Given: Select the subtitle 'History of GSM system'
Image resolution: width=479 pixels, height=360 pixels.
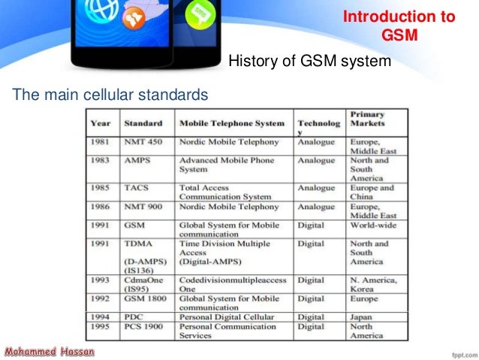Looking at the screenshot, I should [x=309, y=61].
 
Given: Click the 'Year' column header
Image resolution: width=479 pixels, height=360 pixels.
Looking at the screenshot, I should [x=101, y=123].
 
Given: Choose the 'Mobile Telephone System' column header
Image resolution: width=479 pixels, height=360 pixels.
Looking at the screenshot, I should [x=232, y=123].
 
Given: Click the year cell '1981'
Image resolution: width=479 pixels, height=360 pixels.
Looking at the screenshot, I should [x=101, y=141].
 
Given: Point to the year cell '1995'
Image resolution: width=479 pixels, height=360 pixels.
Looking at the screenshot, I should [x=101, y=327].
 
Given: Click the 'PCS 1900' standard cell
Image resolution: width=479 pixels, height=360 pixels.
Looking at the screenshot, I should [x=146, y=327].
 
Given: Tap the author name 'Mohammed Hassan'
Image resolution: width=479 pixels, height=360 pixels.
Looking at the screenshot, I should [x=48, y=351].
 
